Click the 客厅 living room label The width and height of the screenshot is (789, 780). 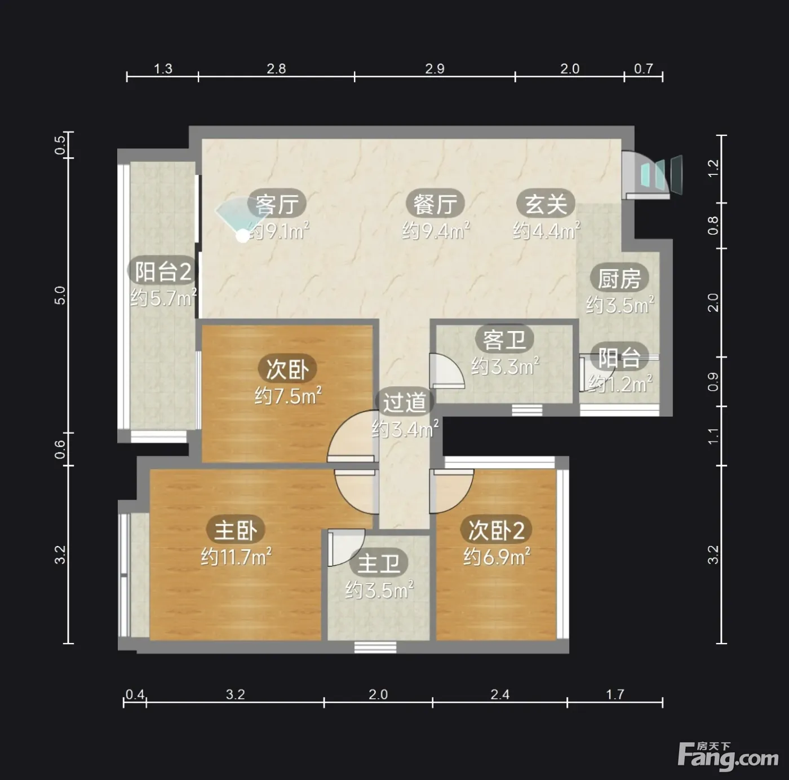pyautogui.click(x=277, y=204)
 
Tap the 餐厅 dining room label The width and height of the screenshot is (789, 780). pyautogui.click(x=435, y=204)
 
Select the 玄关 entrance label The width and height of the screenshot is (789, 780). pyautogui.click(x=546, y=204)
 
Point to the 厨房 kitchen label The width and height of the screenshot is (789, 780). pyautogui.click(x=619, y=278)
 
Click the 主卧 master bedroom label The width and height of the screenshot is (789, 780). pyautogui.click(x=236, y=530)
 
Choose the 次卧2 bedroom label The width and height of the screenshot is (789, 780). pyautogui.click(x=496, y=530)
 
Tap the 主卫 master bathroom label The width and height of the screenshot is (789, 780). pyautogui.click(x=379, y=563)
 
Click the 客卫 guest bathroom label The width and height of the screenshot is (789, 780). pyautogui.click(x=504, y=340)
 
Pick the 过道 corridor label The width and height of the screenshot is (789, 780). pyautogui.click(x=405, y=403)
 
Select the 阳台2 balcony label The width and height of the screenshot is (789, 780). pyautogui.click(x=163, y=271)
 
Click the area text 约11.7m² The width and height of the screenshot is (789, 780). pyautogui.click(x=236, y=557)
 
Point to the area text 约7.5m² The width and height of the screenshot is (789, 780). pyautogui.click(x=288, y=395)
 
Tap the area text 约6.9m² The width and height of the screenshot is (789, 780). pyautogui.click(x=497, y=557)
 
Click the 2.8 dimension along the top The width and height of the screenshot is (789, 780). pyautogui.click(x=276, y=69)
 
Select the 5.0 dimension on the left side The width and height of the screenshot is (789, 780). pyautogui.click(x=60, y=295)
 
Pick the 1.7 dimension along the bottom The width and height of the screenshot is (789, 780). pyautogui.click(x=615, y=694)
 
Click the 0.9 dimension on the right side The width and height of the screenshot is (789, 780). pyautogui.click(x=713, y=382)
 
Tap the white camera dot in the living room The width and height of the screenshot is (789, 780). pyautogui.click(x=243, y=236)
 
